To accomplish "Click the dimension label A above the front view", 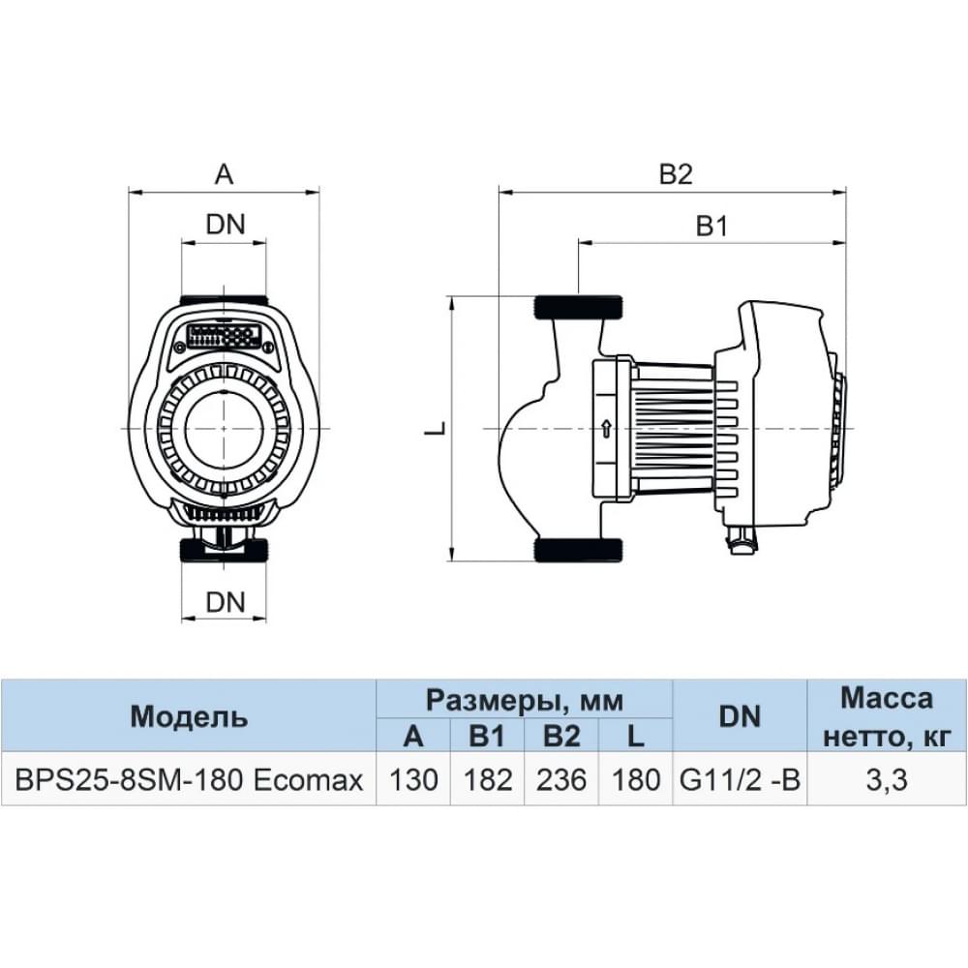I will (x=224, y=174).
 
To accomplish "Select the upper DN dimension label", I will (x=225, y=224).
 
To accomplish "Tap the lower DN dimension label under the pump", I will (x=225, y=601).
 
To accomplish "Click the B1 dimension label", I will (x=711, y=227).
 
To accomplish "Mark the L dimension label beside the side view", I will (x=437, y=427).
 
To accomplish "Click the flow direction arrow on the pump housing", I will (x=605, y=428).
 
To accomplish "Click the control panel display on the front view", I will (x=224, y=338).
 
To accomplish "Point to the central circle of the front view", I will (x=224, y=427).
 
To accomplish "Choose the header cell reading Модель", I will (x=189, y=716).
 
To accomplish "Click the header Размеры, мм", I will (x=524, y=699).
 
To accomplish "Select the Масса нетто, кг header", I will (x=886, y=716).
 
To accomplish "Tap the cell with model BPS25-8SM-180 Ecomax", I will (x=189, y=779).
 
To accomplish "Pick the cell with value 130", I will (x=413, y=779).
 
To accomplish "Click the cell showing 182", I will (x=487, y=779).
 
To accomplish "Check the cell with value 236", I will (x=561, y=779).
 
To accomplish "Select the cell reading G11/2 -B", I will (x=740, y=779).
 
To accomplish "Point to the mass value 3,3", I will (x=886, y=779).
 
